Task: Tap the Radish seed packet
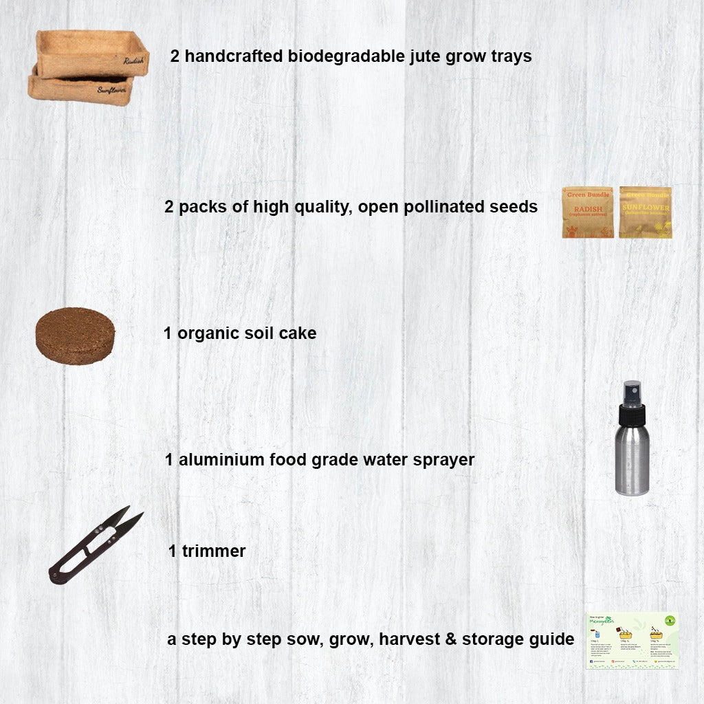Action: pyautogui.click(x=588, y=212)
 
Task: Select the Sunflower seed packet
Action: pyautogui.click(x=645, y=212)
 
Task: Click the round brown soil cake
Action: pyautogui.click(x=75, y=335)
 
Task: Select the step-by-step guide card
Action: pyautogui.click(x=632, y=640)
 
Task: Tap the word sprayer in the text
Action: pyautogui.click(x=444, y=460)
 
